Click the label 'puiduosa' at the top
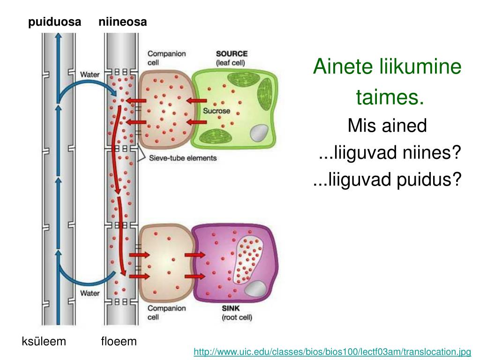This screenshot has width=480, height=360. pos(55,22)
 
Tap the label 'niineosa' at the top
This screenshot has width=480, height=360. pos(123,22)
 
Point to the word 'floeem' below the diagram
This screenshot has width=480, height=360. pos(119,341)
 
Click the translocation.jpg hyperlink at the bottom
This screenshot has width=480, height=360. pos(332,352)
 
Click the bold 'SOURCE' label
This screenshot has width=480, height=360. pos(232,54)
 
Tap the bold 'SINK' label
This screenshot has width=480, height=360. pos(231,308)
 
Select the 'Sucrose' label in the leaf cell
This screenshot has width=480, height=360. pos(216,111)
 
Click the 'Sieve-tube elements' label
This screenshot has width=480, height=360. pos(182,158)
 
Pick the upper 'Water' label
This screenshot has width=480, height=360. pos(90,74)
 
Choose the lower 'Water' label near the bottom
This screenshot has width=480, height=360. pos(90,293)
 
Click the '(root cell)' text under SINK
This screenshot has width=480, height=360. pos(237,317)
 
